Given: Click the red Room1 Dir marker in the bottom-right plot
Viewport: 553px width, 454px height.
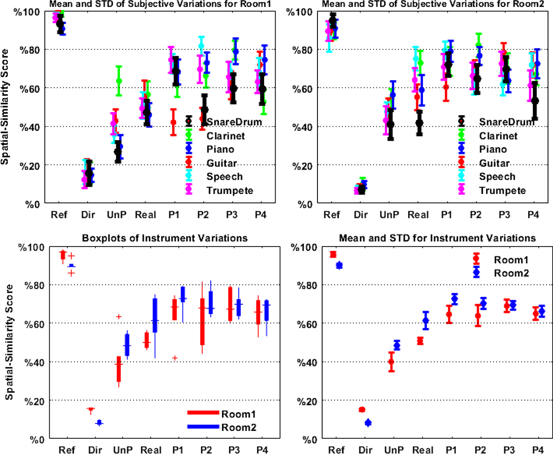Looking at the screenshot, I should coord(362,409).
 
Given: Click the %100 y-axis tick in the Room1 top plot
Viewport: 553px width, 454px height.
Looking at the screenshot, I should coord(24,11).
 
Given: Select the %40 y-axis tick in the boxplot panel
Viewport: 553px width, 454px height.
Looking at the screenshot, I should coord(26,362).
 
